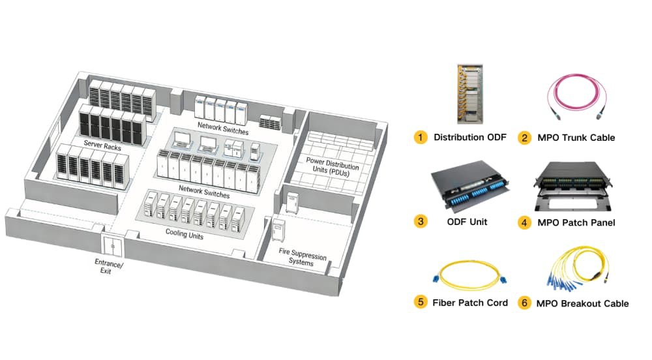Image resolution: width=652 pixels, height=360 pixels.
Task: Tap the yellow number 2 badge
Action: coord(524,138)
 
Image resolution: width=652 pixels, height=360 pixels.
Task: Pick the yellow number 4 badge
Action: coord(524,222)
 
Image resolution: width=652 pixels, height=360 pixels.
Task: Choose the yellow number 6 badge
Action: coord(524,303)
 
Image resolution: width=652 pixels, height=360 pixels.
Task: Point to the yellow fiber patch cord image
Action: coord(469,276)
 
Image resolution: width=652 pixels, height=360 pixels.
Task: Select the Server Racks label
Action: coord(103,143)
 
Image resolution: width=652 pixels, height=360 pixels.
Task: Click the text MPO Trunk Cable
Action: coord(576,138)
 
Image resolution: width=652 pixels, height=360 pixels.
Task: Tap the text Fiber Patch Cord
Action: coord(470,303)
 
